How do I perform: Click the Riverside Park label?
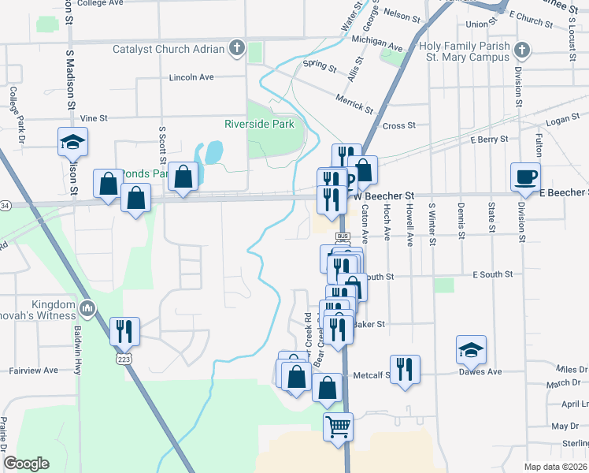click(x=259, y=124)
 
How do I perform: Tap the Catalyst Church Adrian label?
click(x=169, y=49)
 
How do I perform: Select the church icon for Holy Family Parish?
click(x=520, y=52)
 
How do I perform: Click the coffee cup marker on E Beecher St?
click(x=525, y=177)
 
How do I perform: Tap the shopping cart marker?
click(x=338, y=426)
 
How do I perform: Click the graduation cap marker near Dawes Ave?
click(x=472, y=349)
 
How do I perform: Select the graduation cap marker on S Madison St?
click(x=72, y=142)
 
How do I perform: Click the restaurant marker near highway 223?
click(x=124, y=331)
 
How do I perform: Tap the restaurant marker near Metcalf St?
click(x=405, y=368)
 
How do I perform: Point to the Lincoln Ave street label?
click(x=192, y=78)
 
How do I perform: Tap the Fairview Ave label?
click(x=33, y=370)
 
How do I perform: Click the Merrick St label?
click(x=352, y=102)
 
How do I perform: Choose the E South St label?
click(x=492, y=274)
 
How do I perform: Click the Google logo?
click(x=26, y=464)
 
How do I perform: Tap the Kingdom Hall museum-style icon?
click(x=87, y=306)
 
